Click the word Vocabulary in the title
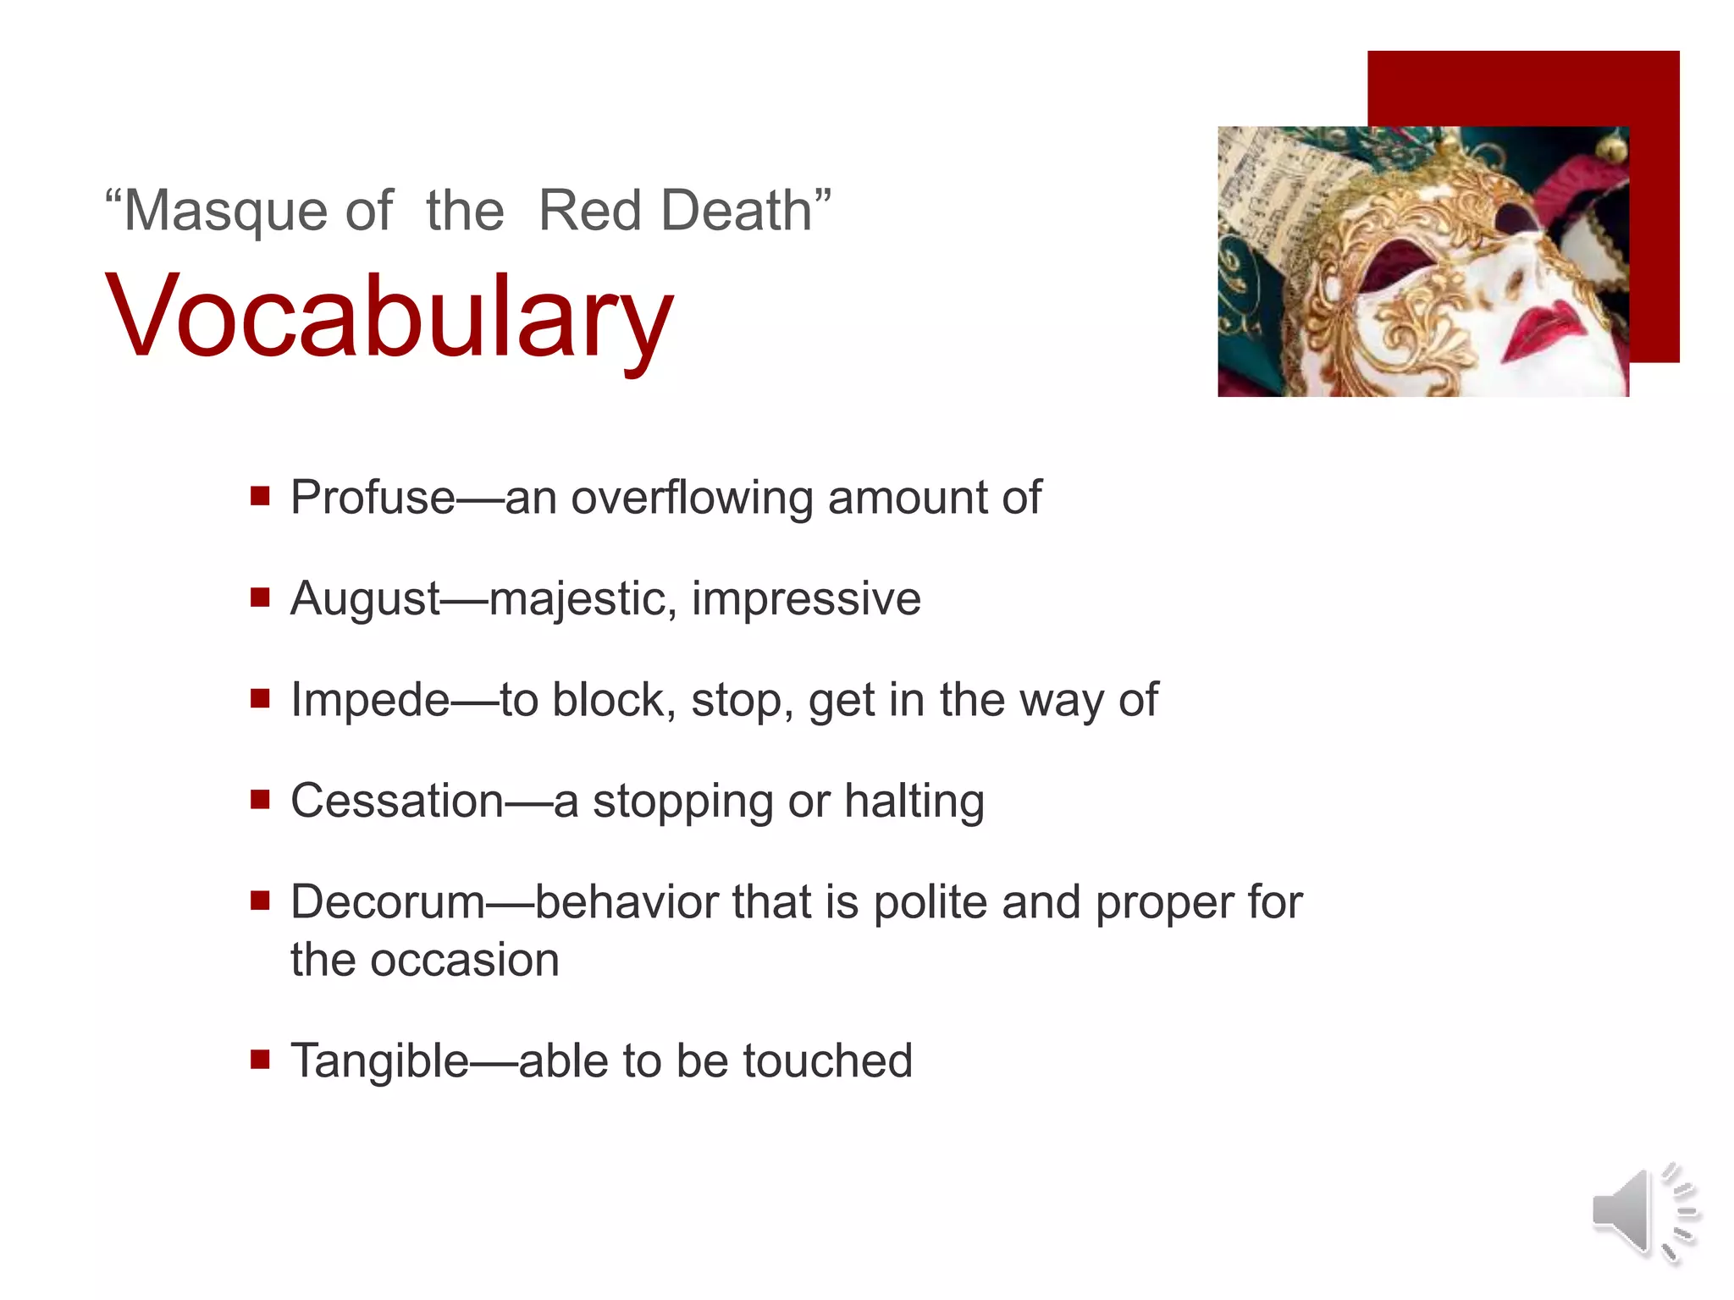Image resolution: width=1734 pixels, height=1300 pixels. coord(389,317)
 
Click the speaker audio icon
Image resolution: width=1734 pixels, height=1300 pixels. coord(1643,1212)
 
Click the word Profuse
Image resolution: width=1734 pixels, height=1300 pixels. coord(373,497)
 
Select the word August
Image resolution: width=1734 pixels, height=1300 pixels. coord(365,598)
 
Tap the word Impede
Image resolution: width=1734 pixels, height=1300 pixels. coord(370,700)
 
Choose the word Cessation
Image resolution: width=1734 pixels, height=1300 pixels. coord(397,801)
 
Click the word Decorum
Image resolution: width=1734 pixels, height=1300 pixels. coord(388,902)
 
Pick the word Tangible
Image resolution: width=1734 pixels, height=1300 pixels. coord(379,1060)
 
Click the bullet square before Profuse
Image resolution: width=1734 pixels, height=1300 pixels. coord(260,495)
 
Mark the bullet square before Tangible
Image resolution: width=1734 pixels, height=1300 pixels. coord(260,1059)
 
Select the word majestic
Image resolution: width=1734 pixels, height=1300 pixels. coord(583,598)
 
